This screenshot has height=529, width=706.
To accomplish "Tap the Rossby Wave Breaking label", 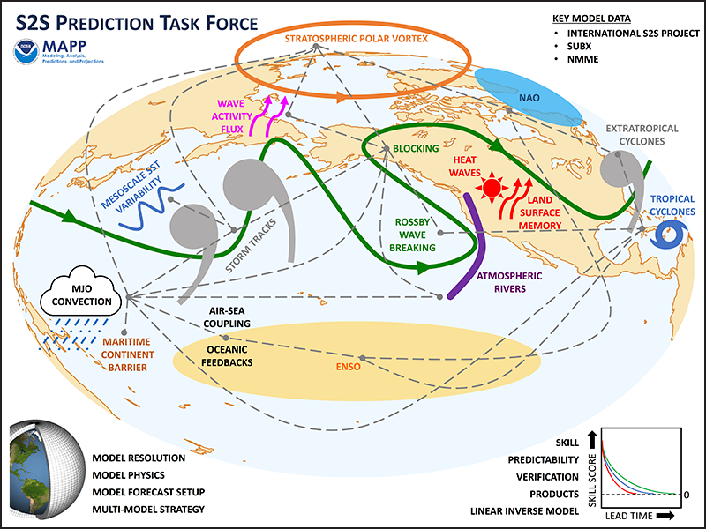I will (x=412, y=235).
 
